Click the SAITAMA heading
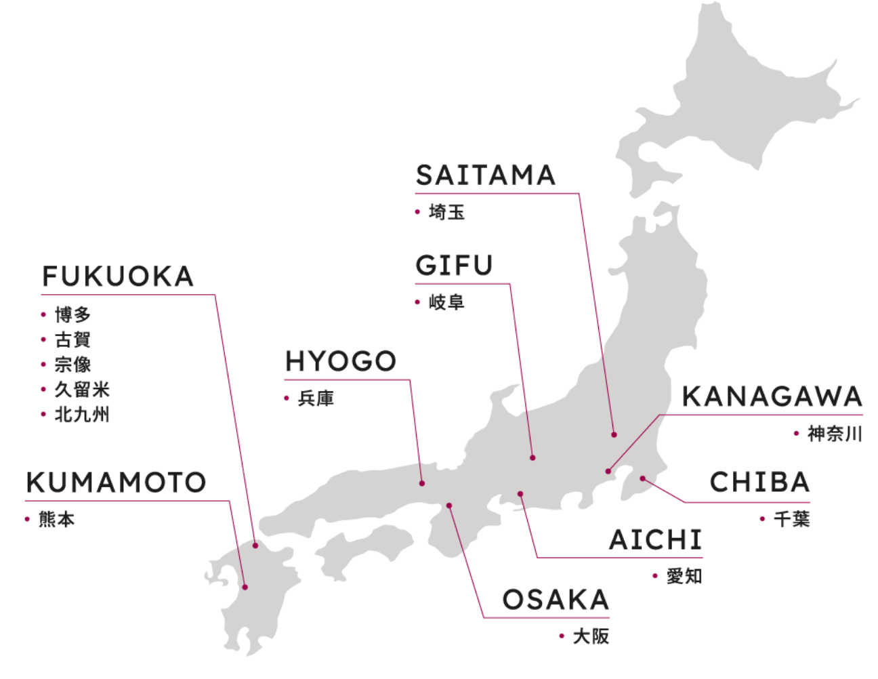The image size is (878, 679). [485, 175]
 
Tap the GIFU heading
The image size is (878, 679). [454, 265]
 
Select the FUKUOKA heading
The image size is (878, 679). [118, 276]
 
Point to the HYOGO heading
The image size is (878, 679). [340, 361]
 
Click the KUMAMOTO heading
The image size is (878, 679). [116, 482]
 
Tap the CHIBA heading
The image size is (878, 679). [759, 482]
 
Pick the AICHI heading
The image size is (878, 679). [655, 539]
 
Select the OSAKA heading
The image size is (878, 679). [556, 600]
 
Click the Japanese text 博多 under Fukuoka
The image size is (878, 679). [73, 314]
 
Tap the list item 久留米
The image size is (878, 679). [82, 390]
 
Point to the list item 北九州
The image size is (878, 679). [82, 415]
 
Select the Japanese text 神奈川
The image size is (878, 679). [835, 434]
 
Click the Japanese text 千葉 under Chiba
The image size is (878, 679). [791, 520]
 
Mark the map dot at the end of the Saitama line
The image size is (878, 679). [614, 434]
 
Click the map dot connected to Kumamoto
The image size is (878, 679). [245, 587]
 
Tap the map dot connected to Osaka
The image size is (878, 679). [448, 506]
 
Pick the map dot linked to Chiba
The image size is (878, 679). [642, 478]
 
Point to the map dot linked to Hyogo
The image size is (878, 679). [422, 483]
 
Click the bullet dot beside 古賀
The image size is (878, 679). [43, 340]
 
